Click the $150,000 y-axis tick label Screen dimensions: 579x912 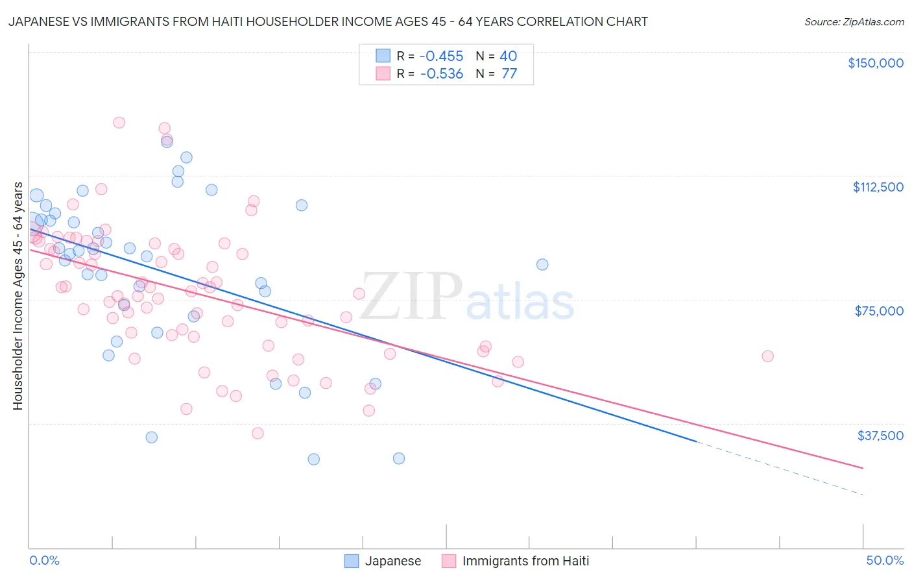point(875,63)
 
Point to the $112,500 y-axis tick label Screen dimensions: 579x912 point(878,187)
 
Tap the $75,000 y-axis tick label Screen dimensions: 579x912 point(879,311)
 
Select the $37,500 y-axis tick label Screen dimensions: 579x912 point(880,436)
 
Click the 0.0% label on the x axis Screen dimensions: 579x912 point(44,560)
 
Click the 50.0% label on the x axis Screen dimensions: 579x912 point(884,560)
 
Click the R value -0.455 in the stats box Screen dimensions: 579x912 point(441,56)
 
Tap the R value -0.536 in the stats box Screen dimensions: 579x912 point(441,73)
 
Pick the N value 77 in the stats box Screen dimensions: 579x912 point(509,73)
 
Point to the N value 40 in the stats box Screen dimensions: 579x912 point(508,56)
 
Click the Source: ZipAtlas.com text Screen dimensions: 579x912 point(854,22)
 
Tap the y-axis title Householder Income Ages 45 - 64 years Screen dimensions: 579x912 point(18,296)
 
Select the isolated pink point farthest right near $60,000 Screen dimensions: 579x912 point(767,356)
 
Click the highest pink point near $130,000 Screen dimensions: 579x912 point(119,122)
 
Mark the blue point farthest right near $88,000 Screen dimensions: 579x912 point(542,264)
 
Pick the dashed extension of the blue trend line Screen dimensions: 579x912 point(778,468)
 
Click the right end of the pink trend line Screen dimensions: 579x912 point(862,467)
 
